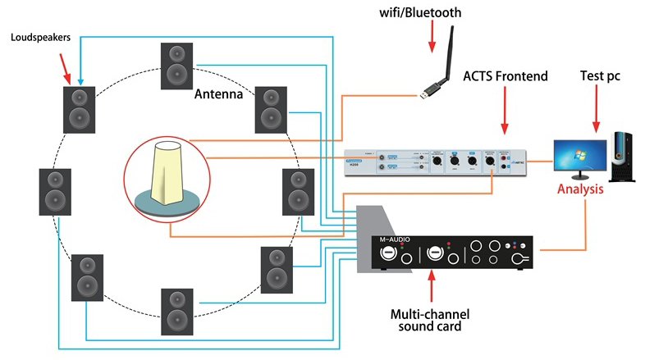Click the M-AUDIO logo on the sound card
tap(397, 239)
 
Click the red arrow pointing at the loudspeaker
tap(69, 71)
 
